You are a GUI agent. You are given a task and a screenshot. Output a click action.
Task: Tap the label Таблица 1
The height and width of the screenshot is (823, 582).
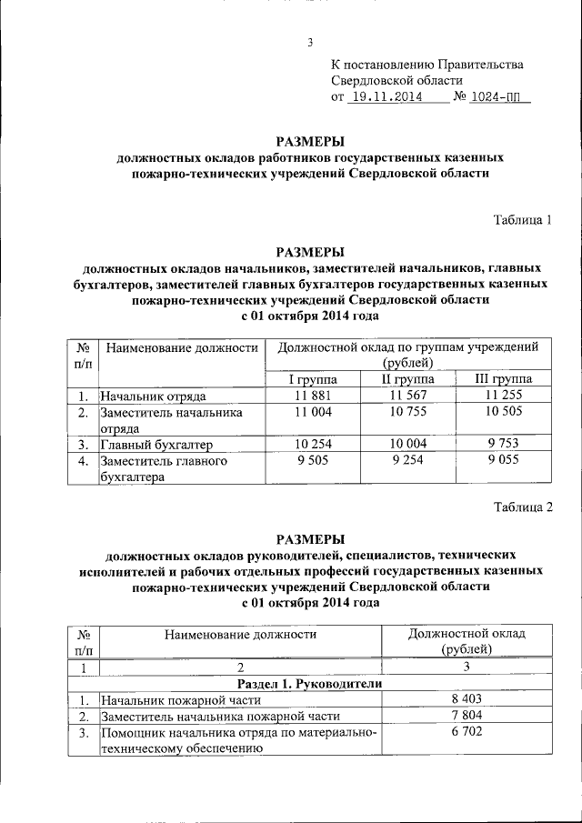click(x=523, y=219)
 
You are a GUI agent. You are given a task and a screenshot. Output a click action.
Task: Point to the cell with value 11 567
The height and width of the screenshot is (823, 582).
click(x=407, y=396)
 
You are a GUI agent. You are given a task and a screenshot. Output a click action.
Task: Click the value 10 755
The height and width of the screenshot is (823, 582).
click(x=407, y=412)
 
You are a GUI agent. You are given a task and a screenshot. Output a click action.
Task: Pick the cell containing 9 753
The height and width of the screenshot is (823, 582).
click(x=504, y=445)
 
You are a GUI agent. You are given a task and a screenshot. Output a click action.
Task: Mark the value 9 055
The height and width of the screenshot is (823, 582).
click(x=504, y=461)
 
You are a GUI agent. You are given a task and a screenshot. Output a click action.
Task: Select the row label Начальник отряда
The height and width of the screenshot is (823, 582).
click(x=154, y=396)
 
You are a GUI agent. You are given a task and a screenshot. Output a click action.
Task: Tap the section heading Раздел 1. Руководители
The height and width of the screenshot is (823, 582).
click(x=309, y=683)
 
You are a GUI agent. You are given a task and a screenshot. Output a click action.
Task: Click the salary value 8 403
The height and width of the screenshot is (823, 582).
click(x=467, y=699)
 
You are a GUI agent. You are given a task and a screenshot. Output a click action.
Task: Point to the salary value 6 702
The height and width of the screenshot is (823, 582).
click(x=467, y=732)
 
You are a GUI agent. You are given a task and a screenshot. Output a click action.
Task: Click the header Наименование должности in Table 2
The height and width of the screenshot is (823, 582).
click(x=240, y=634)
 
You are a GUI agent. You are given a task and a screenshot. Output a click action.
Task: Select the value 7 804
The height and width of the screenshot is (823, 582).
click(x=467, y=716)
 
